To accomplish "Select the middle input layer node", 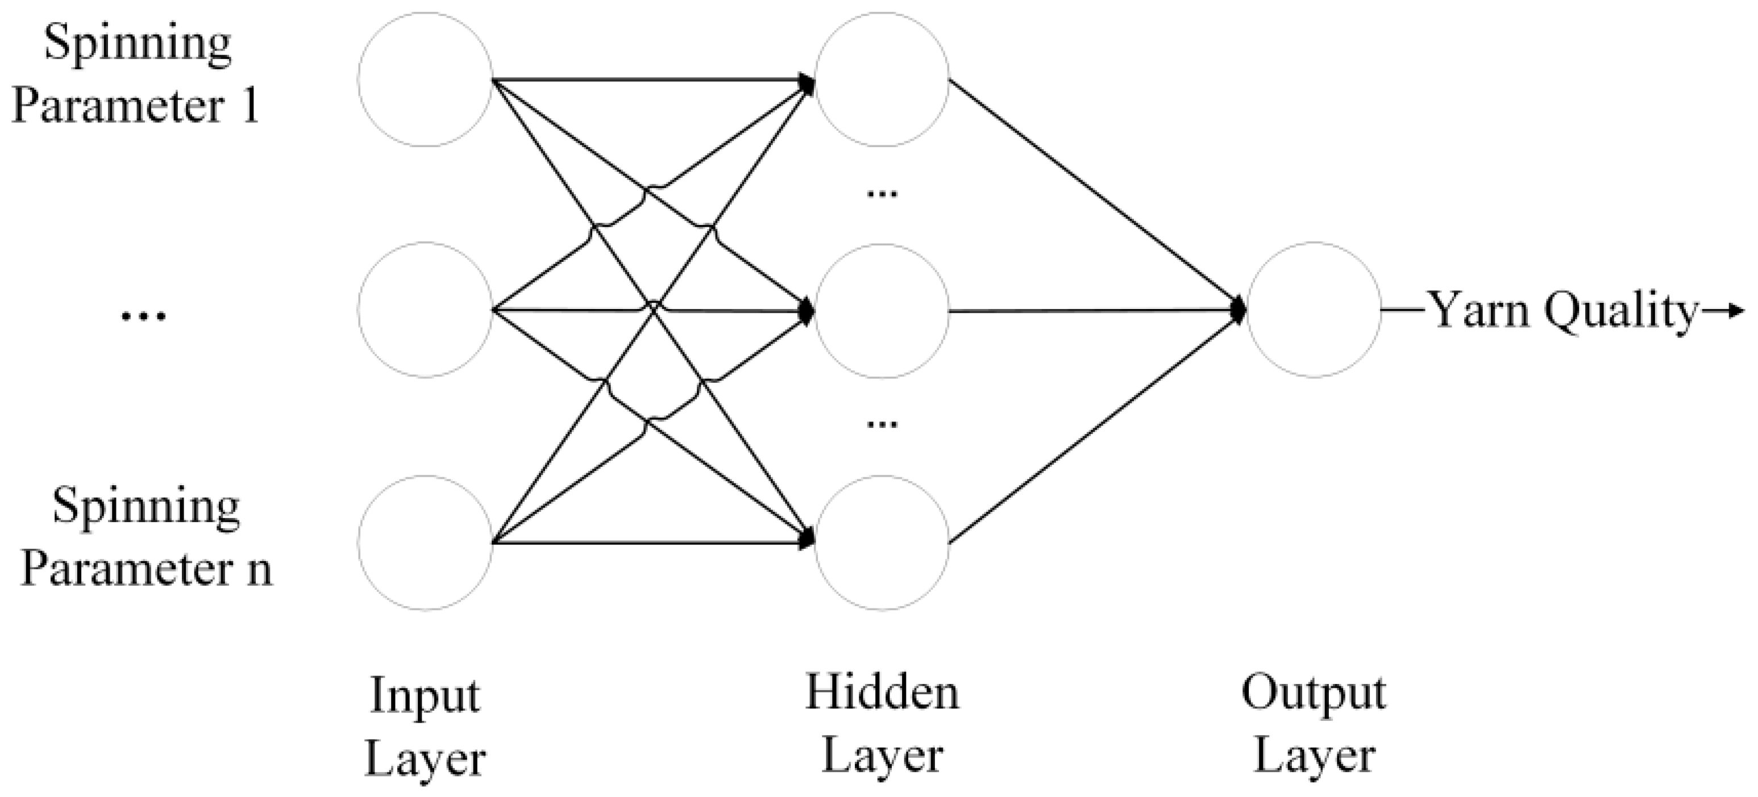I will point(425,311).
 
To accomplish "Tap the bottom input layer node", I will point(425,543).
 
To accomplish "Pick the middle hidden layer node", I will point(882,311).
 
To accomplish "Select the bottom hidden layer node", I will point(882,543).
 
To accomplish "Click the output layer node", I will point(1314,311).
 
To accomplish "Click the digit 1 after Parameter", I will point(251,106).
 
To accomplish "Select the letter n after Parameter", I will point(259,570).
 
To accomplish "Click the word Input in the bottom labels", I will point(425,696).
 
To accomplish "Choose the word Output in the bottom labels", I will point(1314,695).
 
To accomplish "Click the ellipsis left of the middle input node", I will point(143,315).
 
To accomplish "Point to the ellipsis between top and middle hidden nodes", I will point(882,194).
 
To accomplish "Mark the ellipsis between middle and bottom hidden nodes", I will point(882,424).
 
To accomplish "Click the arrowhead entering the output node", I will point(1239,311).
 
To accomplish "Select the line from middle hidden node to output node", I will point(1092,311).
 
